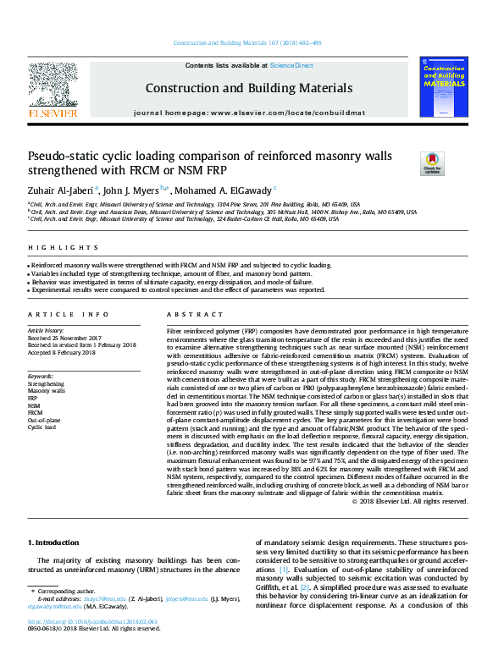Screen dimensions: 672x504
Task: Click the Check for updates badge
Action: coord(432,162)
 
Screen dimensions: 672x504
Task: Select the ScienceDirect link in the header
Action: coord(291,65)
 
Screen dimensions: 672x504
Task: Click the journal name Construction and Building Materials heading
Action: coord(248,88)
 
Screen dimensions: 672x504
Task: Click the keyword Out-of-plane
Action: coord(44,419)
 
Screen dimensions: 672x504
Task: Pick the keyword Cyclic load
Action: coord(42,427)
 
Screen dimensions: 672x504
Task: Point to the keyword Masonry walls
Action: coord(46,389)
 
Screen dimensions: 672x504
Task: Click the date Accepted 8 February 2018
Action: coord(64,352)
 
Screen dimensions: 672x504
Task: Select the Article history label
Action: coord(47,330)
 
